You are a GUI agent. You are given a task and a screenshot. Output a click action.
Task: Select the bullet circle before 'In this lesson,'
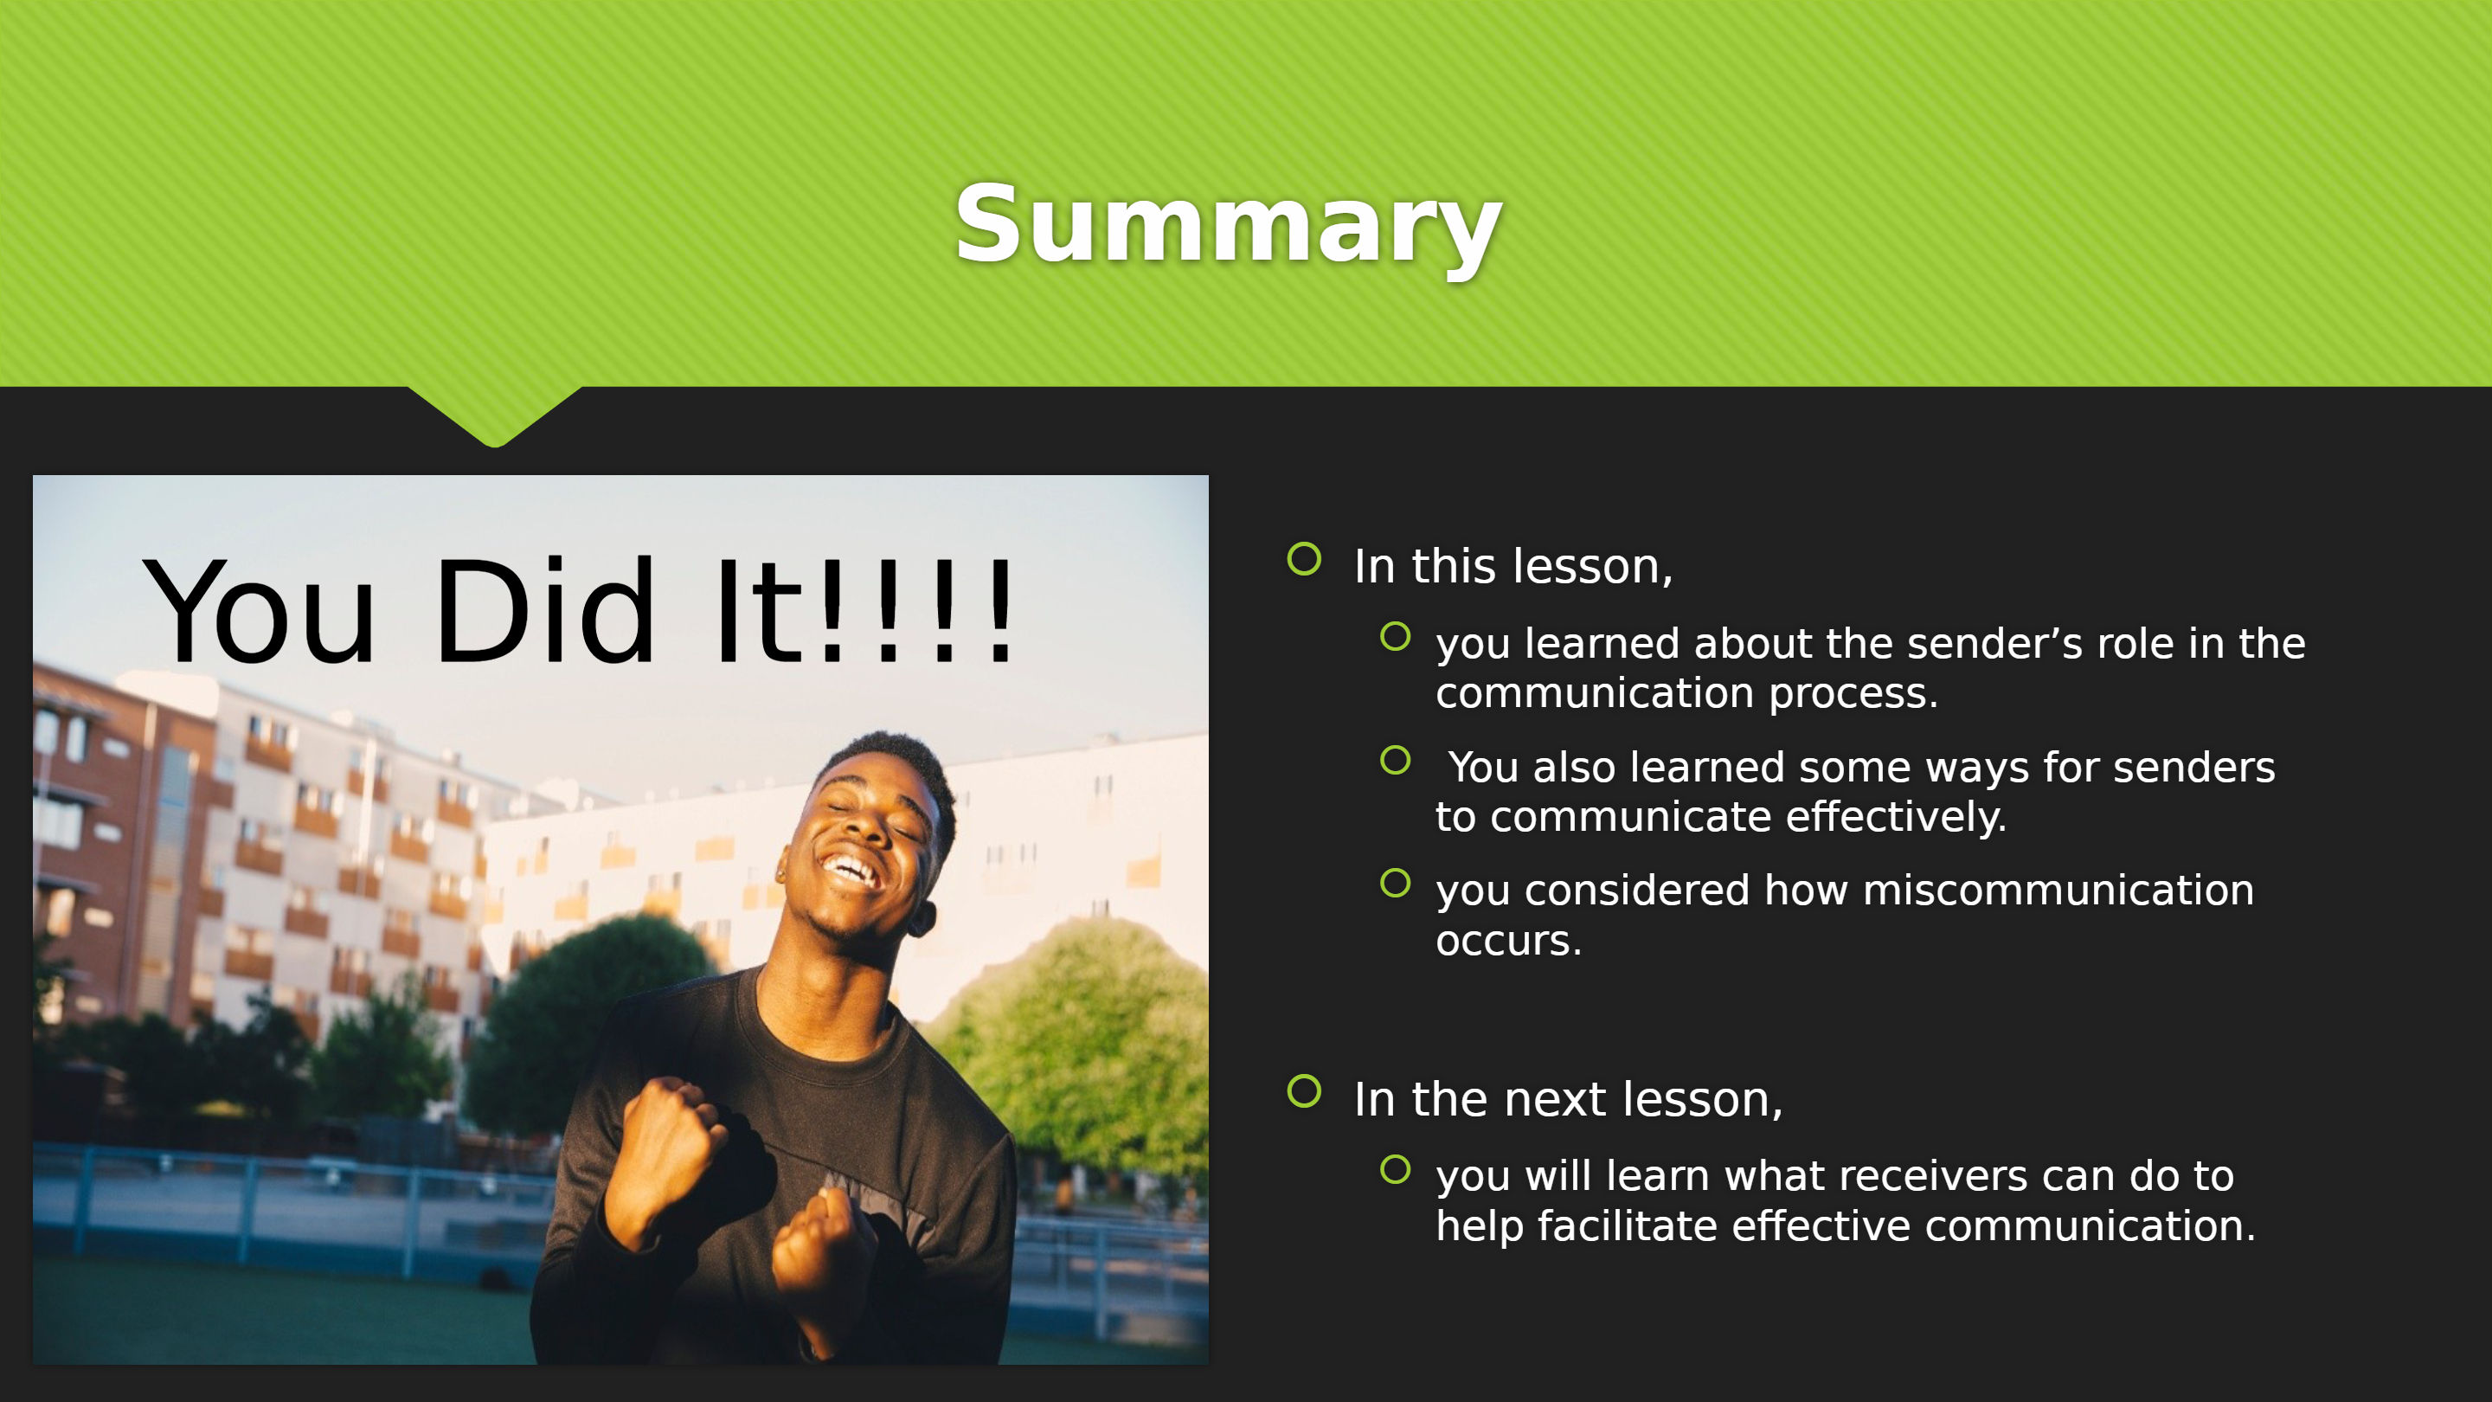(x=1304, y=558)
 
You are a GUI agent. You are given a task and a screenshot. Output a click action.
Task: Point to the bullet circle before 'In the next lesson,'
(x=1304, y=1090)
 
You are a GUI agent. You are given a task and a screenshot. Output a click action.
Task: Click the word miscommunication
(x=2058, y=891)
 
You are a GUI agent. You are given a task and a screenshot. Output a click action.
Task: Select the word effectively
(x=1896, y=818)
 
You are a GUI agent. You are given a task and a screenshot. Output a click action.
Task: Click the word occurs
(x=1508, y=942)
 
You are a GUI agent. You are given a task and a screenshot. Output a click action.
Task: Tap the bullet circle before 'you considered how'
(x=1395, y=883)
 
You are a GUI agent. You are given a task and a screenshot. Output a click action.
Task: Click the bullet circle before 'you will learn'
(x=1395, y=1169)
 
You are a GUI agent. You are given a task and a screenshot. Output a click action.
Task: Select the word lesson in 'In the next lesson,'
(x=1703, y=1100)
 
